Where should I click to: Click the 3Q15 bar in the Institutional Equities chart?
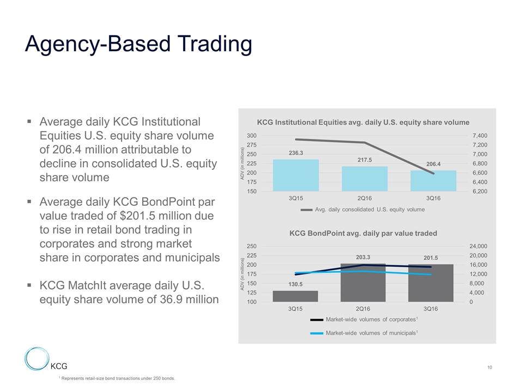[x=296, y=175]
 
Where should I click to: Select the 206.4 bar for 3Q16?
[x=434, y=181]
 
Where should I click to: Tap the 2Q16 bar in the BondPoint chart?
[x=363, y=283]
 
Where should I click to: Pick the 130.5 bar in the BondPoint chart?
[x=295, y=296]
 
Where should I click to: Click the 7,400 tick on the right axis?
[x=479, y=136]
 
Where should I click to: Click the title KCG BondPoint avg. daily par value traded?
[x=363, y=233]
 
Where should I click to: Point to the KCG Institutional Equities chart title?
[x=363, y=122]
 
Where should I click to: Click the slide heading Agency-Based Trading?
[x=138, y=44]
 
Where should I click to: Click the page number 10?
[x=490, y=369]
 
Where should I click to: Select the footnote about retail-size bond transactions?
[x=117, y=378]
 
